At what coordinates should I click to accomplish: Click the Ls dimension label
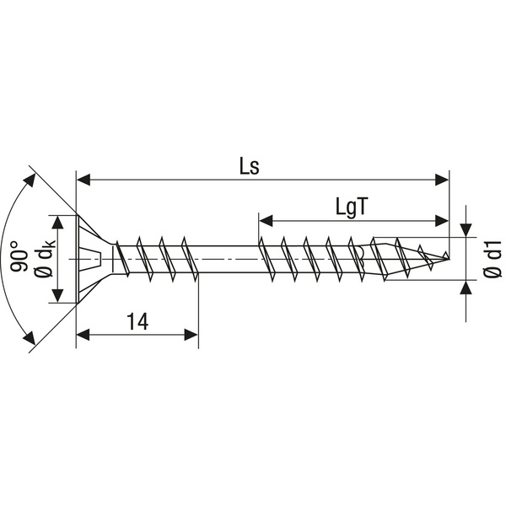(x=248, y=166)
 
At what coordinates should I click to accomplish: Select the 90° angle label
(x=19, y=257)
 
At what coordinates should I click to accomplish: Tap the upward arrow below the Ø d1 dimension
(x=466, y=287)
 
